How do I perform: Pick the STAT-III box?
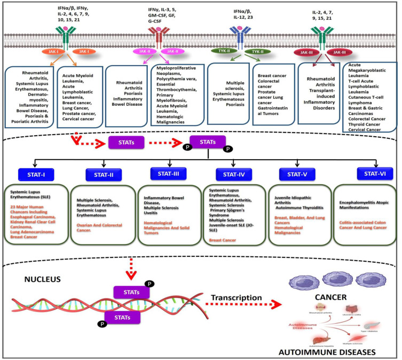click(169, 173)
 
